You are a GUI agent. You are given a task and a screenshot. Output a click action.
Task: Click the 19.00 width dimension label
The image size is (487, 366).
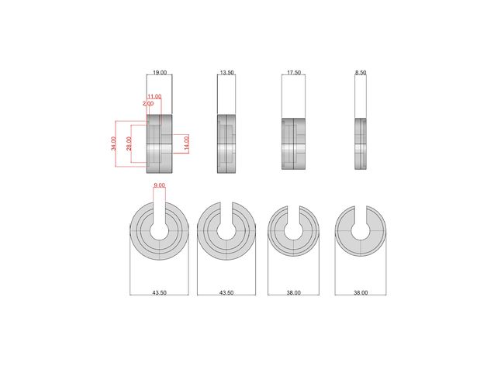(160, 72)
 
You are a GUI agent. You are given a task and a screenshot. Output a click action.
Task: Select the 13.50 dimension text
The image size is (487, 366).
(226, 72)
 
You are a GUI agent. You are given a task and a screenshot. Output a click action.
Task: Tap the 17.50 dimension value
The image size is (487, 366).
(293, 72)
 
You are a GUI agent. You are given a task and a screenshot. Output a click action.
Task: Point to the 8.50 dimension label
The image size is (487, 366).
(361, 72)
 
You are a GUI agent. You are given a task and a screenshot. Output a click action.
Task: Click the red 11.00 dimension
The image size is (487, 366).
(154, 97)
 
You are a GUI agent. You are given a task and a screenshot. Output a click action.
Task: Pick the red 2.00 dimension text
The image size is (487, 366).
(148, 103)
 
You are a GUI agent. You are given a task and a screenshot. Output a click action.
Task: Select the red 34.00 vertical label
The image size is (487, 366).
(113, 143)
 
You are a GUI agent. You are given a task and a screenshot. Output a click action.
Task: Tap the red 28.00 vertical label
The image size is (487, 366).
(129, 143)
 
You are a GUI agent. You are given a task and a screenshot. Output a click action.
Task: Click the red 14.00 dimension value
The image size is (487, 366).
(186, 143)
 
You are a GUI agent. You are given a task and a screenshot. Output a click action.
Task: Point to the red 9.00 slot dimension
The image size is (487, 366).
(159, 185)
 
